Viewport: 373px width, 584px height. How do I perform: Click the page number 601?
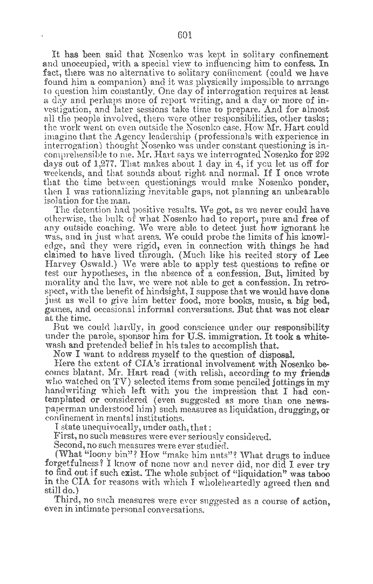pos(185,36)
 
